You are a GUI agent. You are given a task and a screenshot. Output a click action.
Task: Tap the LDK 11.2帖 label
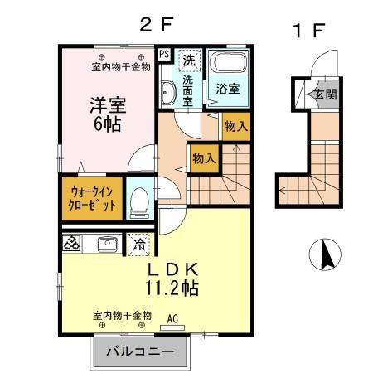172,279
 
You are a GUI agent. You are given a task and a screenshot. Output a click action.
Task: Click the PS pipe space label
164,55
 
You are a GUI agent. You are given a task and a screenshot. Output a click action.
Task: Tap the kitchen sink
105,245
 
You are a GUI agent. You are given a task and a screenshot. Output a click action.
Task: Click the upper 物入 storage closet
235,126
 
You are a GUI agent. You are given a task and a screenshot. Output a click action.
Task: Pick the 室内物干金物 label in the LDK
122,316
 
